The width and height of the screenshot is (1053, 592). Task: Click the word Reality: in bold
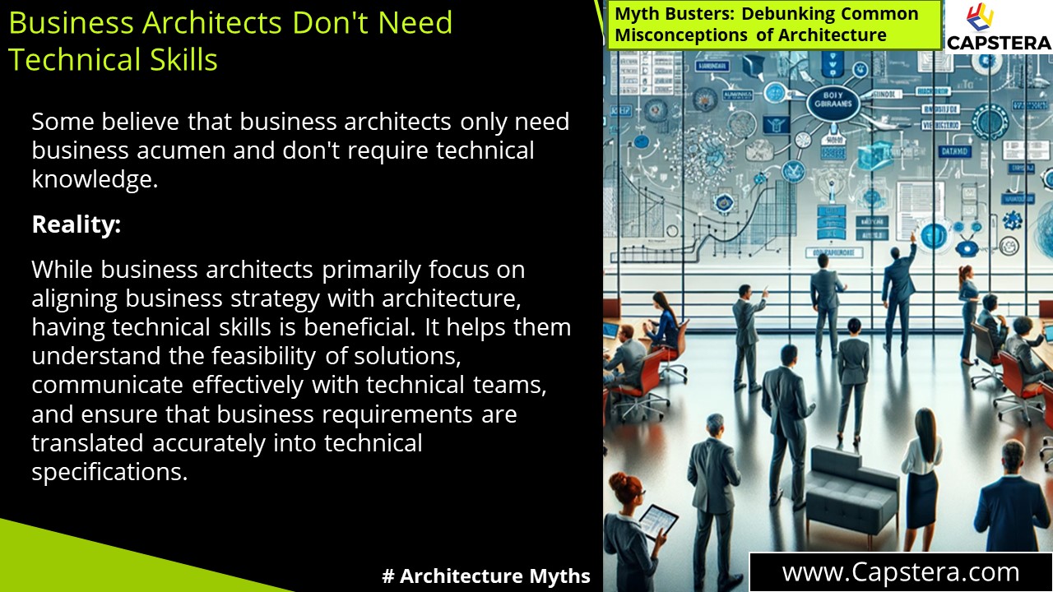pos(76,224)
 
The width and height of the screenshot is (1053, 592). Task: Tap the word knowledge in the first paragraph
pos(95,180)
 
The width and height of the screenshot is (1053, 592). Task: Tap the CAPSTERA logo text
pos(999,43)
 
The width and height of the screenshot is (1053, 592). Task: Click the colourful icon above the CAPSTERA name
pos(979,16)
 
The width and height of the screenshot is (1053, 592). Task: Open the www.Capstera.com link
pos(900,572)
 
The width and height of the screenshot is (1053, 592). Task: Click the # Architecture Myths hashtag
pos(486,576)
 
